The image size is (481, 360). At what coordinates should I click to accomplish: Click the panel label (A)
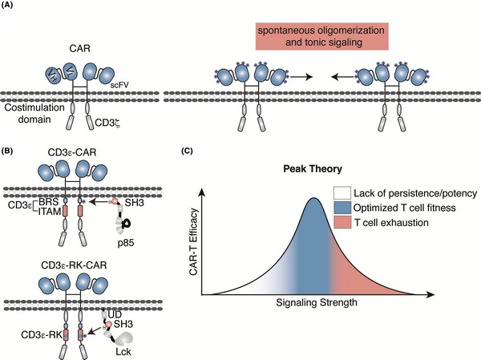[10, 9]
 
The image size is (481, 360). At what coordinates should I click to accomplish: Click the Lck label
[121, 349]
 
